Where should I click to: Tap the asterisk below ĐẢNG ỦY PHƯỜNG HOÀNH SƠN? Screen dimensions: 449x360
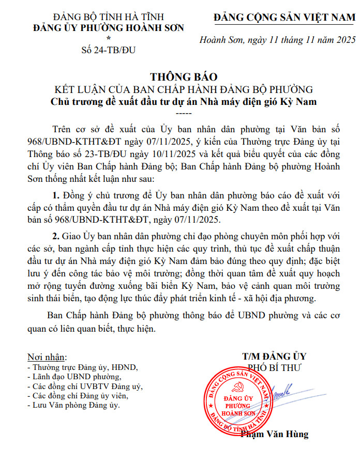pyautogui.click(x=108, y=39)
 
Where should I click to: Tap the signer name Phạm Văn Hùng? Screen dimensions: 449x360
pyautogui.click(x=274, y=434)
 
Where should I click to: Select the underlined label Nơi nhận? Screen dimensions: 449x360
pyautogui.click(x=47, y=357)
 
